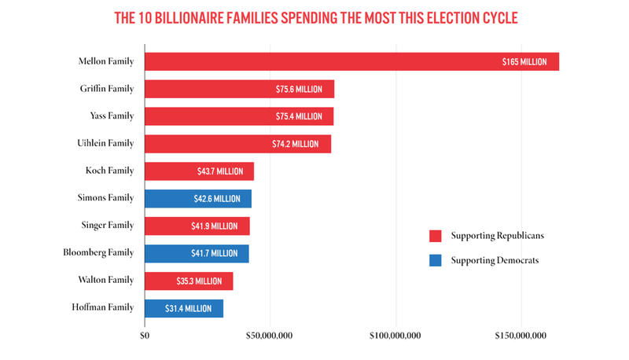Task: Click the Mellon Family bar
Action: tap(351, 61)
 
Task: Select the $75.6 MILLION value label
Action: tap(299, 90)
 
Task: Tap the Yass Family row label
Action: tap(112, 116)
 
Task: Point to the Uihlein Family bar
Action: tap(237, 144)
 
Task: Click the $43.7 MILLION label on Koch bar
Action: tap(220, 171)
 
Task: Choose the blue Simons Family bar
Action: tap(198, 199)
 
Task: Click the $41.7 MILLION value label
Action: tap(214, 253)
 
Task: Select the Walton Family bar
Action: tap(189, 281)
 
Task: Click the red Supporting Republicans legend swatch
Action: tap(435, 236)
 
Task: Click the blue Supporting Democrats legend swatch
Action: tap(435, 260)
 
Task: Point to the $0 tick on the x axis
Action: tap(145, 336)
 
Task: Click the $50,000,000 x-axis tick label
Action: tap(270, 336)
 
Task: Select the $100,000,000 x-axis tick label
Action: tap(395, 336)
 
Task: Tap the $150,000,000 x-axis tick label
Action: tap(520, 336)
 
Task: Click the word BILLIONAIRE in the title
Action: tap(197, 18)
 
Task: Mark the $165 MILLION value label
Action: tap(524, 61)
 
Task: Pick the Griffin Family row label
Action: tap(107, 89)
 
